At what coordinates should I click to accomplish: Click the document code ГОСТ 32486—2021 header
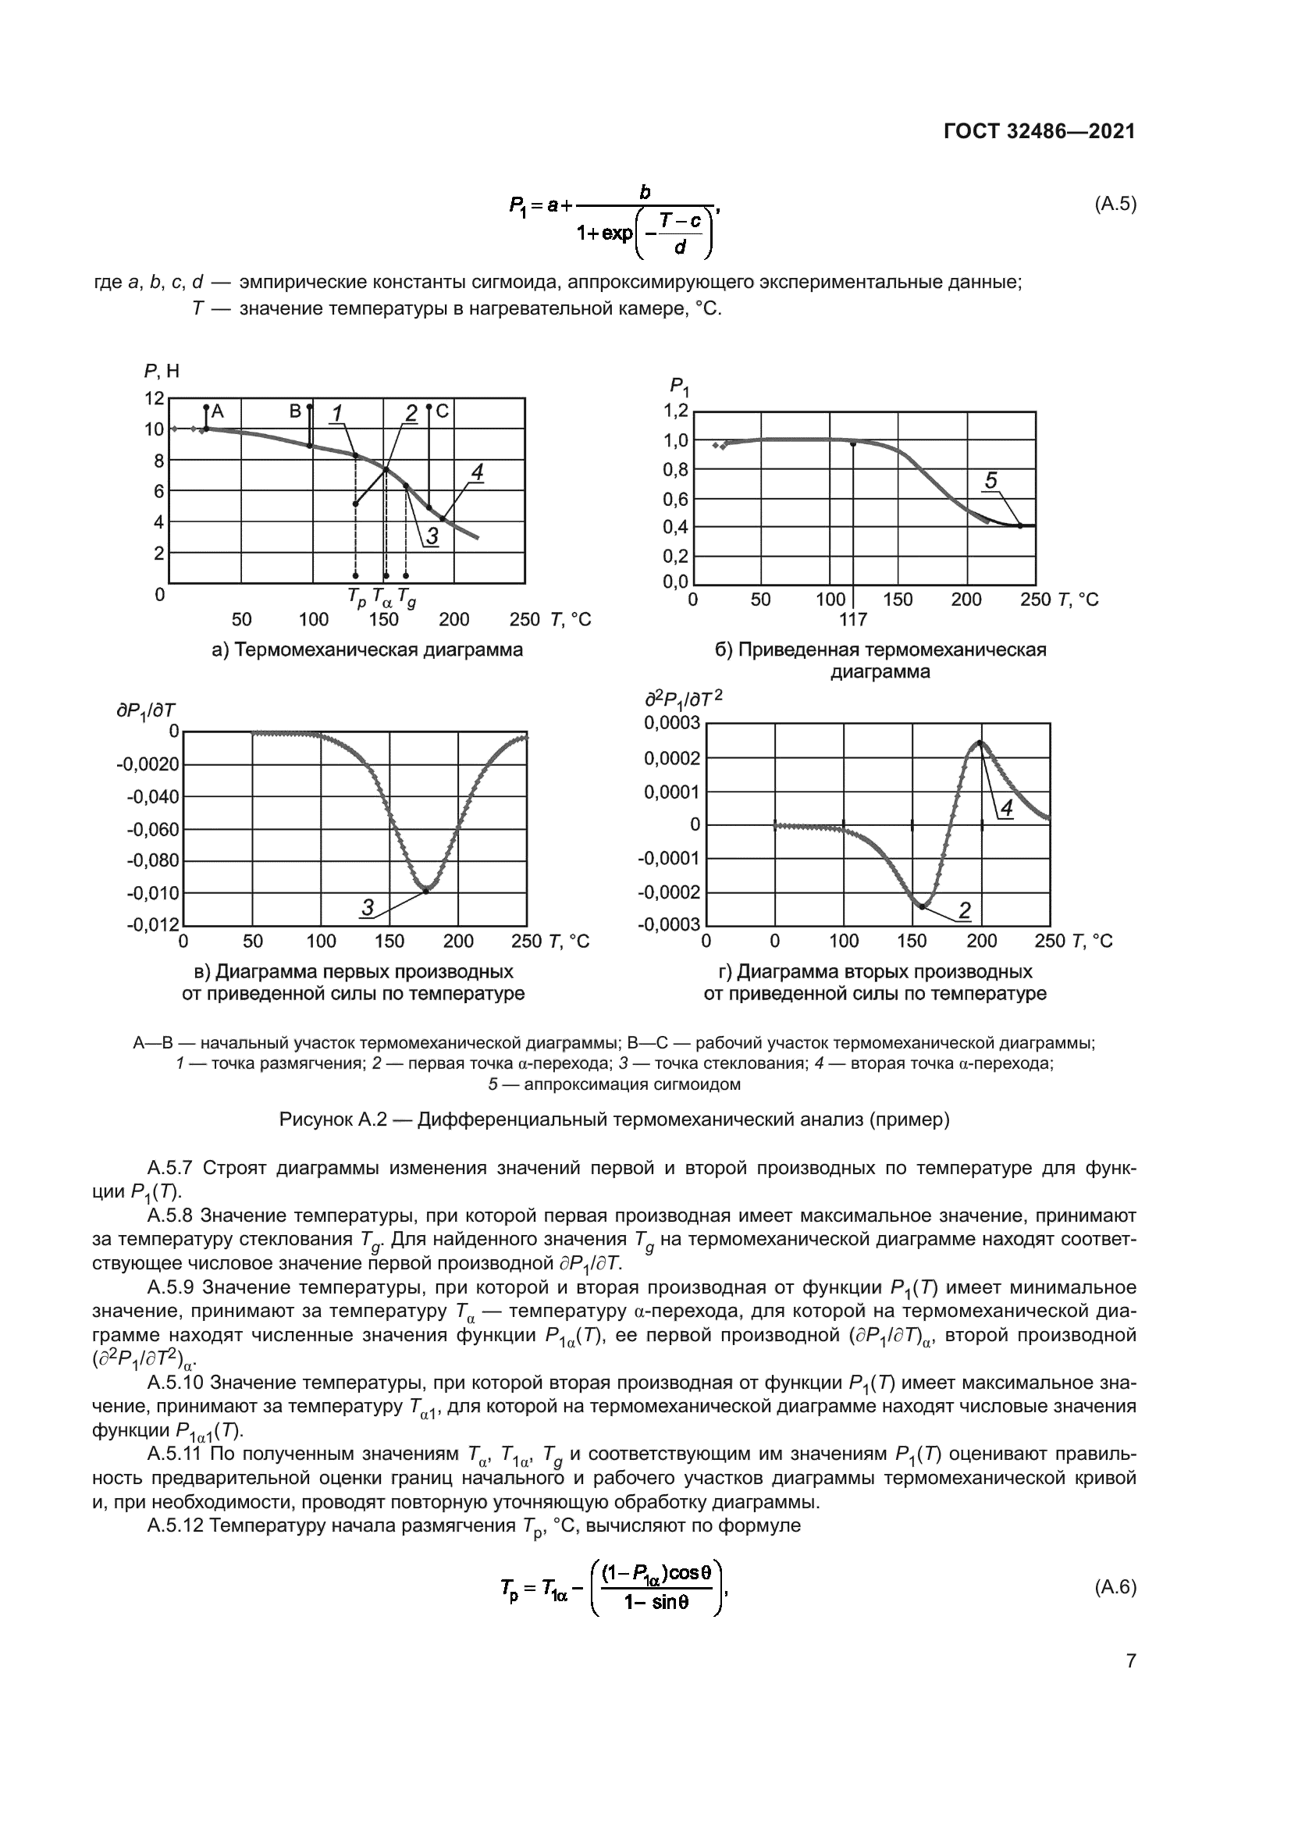(1039, 131)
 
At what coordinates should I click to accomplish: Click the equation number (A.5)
(1115, 204)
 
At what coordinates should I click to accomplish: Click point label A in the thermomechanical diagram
(218, 411)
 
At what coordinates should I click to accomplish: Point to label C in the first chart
(443, 411)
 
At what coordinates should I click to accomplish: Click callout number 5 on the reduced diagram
(990, 480)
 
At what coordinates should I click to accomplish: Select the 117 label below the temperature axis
(852, 620)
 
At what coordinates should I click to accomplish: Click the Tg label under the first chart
(406, 596)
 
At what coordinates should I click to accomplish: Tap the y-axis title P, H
(162, 371)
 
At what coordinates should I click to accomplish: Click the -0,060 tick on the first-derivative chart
(153, 830)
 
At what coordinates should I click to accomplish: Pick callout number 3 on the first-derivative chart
(368, 907)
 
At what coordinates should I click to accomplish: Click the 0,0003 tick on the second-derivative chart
(673, 723)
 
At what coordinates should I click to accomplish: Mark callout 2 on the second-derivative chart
(964, 909)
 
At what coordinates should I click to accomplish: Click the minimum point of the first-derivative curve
(426, 891)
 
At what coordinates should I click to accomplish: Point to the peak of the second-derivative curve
(980, 742)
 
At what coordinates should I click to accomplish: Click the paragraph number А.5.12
(176, 1525)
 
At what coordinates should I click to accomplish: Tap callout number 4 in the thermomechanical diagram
(476, 472)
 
